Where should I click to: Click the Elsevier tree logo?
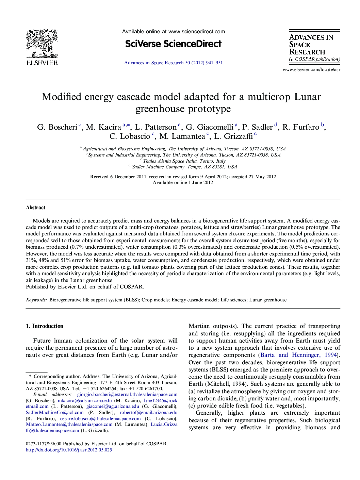[42, 44]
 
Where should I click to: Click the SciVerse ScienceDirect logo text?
[173, 44]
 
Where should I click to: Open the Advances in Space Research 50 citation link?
[173, 63]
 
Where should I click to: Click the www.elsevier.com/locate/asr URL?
[311, 70]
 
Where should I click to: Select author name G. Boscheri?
[57, 127]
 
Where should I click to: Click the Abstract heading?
[35, 208]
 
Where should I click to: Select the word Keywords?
[36, 300]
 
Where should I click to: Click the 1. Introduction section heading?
[45, 326]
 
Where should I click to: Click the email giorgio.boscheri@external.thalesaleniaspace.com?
[127, 395]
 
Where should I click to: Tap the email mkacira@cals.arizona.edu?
[85, 401]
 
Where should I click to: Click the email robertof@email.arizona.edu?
[148, 413]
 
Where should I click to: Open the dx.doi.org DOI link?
[69, 450]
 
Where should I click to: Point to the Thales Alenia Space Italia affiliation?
[184, 161]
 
